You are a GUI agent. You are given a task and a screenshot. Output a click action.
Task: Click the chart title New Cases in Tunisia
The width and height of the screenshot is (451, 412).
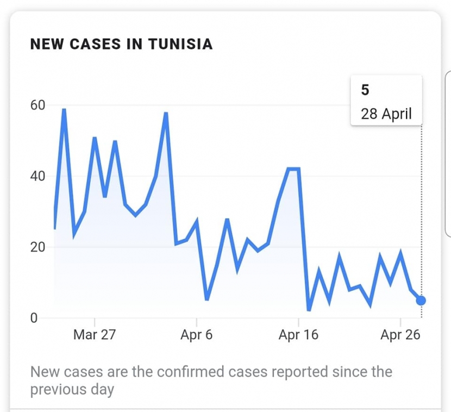coord(121,44)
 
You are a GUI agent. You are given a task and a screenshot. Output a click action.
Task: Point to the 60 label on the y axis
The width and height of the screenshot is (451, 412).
coord(37,105)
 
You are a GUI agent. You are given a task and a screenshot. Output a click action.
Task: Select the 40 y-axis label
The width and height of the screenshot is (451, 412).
coord(37,176)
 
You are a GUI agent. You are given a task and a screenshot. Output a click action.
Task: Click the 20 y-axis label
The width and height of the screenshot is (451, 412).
coord(37,247)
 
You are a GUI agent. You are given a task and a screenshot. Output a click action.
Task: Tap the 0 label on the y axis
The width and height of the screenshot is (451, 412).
coord(34,318)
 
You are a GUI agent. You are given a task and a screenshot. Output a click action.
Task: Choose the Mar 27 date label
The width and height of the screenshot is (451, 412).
coord(95,335)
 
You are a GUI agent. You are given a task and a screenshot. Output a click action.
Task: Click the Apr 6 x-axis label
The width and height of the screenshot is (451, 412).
coord(196,335)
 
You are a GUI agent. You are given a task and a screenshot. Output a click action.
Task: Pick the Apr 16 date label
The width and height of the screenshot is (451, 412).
coord(298,335)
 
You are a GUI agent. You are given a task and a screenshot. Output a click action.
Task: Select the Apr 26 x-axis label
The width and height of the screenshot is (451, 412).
coord(400,335)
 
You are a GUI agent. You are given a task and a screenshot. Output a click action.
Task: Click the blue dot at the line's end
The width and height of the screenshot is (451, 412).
coord(421,301)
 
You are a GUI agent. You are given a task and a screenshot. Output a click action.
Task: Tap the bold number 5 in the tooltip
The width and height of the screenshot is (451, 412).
coord(365,90)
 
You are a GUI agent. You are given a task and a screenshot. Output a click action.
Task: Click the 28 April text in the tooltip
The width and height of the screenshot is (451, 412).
coord(386,114)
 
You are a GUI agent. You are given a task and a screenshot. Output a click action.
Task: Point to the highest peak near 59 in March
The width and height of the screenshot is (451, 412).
coord(64,110)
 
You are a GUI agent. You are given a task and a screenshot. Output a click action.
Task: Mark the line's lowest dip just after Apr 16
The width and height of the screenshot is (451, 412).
coord(309,310)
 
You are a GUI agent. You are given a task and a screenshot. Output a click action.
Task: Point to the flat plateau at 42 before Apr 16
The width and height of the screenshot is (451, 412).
coord(293,169)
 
